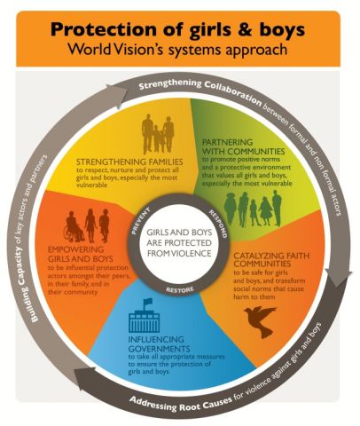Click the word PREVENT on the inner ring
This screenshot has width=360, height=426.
141,220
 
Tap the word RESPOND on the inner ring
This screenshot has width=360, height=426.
218,224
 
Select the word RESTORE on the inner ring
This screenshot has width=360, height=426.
180,289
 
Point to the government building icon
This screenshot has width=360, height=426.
144,316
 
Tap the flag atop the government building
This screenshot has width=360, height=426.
147,303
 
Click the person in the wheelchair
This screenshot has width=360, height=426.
74,227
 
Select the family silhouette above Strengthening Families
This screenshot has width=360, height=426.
158,134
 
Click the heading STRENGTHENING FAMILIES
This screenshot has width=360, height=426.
129,162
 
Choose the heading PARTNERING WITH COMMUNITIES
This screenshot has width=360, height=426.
243,146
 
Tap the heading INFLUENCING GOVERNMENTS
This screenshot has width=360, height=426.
159,343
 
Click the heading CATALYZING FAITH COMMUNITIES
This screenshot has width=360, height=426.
271,259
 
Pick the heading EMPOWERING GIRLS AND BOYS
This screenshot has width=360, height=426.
81,254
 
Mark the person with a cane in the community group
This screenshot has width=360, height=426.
243,209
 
